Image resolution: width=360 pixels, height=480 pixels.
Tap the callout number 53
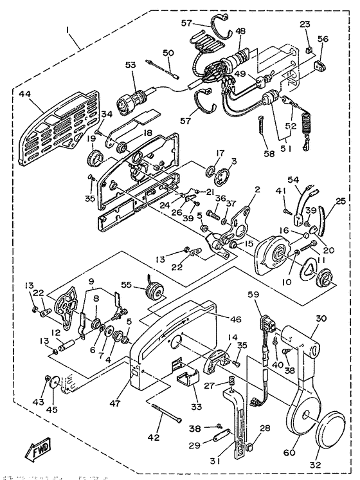(x=130, y=65)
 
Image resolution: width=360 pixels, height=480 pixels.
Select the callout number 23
(x=305, y=26)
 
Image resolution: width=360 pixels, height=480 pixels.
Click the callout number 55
(x=126, y=284)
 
